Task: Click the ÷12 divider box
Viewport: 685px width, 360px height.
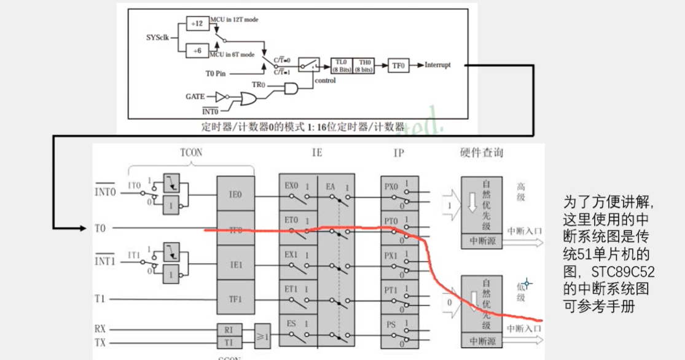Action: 198,23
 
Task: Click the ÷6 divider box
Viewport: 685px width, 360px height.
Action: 198,51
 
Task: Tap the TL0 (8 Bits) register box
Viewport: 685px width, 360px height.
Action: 341,66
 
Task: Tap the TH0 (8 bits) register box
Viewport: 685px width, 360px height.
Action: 365,66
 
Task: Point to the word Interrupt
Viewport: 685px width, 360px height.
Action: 437,65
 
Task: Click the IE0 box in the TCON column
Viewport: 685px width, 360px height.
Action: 236,195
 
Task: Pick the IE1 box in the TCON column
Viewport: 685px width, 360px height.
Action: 236,265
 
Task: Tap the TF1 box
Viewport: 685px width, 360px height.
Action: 236,300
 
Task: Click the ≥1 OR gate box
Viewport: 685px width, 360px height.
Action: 262,335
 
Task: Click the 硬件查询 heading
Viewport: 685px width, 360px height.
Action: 481,152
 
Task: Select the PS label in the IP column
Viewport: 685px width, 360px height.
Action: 391,325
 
